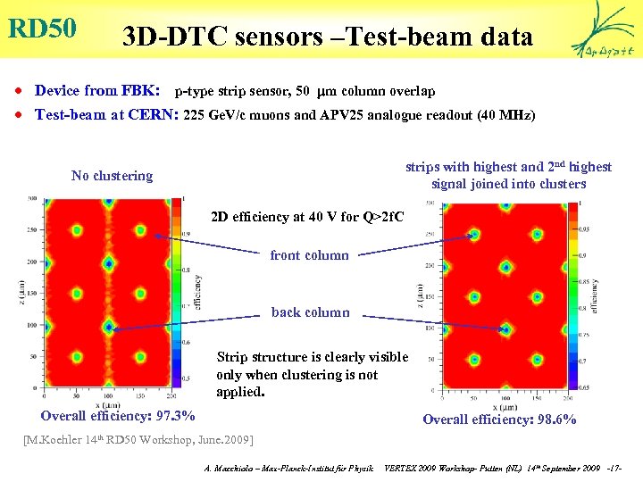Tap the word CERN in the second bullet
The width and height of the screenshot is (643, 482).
point(154,114)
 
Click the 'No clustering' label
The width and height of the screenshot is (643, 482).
point(112,176)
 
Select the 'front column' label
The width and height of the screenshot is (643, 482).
point(309,255)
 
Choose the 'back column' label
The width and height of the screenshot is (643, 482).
point(310,312)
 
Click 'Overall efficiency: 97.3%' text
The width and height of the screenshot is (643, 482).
point(118,416)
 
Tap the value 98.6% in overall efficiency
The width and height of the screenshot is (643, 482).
point(555,420)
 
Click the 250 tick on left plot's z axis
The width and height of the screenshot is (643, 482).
point(32,229)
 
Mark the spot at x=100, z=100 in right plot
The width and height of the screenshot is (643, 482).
point(507,329)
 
